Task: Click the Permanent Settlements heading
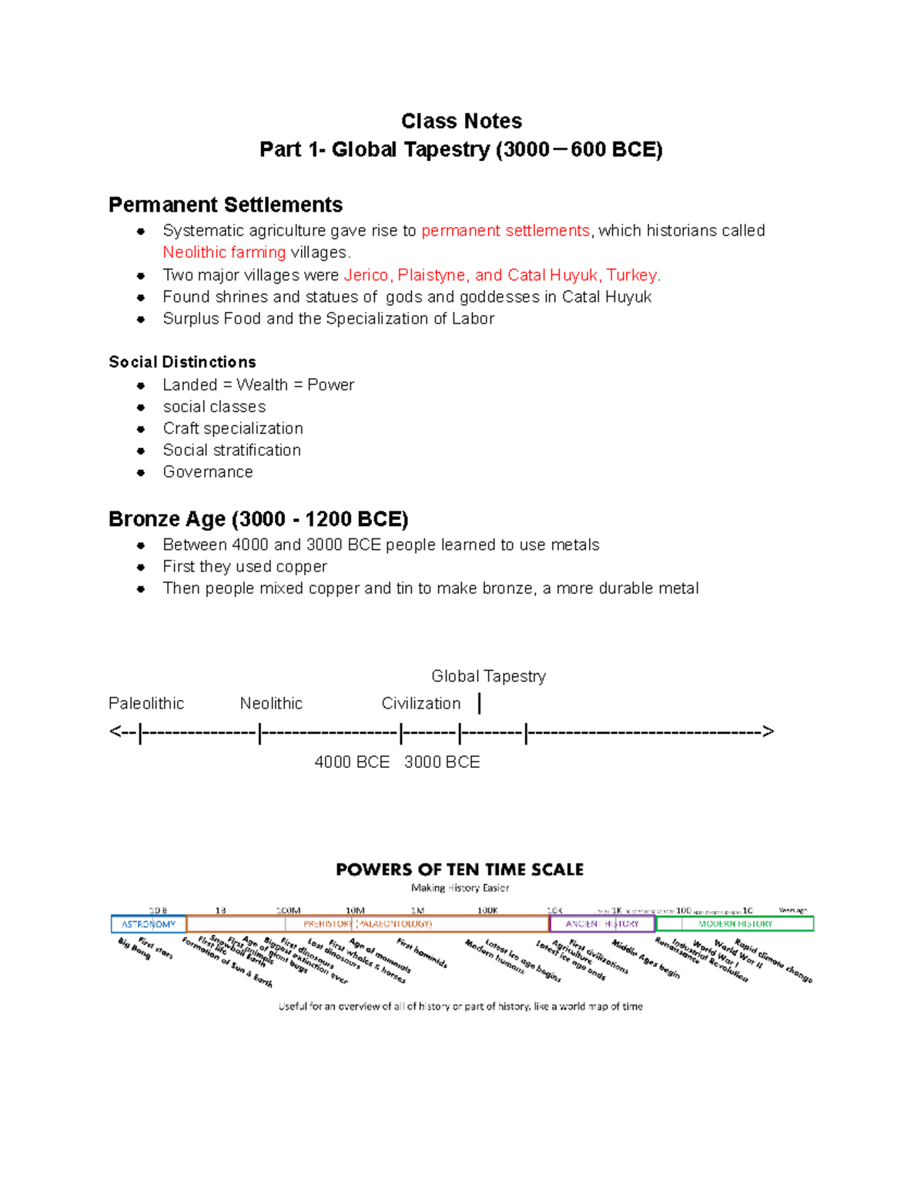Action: (225, 205)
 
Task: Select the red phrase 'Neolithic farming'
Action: (224, 253)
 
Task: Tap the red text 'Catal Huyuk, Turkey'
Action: (583, 276)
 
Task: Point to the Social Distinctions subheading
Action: (182, 362)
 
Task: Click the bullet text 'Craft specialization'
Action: (233, 428)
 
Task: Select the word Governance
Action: (208, 472)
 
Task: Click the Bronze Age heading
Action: (258, 519)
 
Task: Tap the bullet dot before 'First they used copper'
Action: (141, 568)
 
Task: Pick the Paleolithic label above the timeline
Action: (146, 704)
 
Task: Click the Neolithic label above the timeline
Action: (271, 704)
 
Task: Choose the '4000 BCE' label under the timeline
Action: (352, 762)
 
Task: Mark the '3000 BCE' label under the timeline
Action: (442, 762)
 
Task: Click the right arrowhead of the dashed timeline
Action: (768, 732)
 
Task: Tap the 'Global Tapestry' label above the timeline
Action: (488, 676)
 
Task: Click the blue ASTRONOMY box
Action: (149, 923)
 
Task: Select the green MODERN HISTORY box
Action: (735, 923)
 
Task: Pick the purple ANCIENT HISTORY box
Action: (601, 923)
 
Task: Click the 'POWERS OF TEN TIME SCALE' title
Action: (460, 869)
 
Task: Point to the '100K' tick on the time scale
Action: (487, 910)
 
